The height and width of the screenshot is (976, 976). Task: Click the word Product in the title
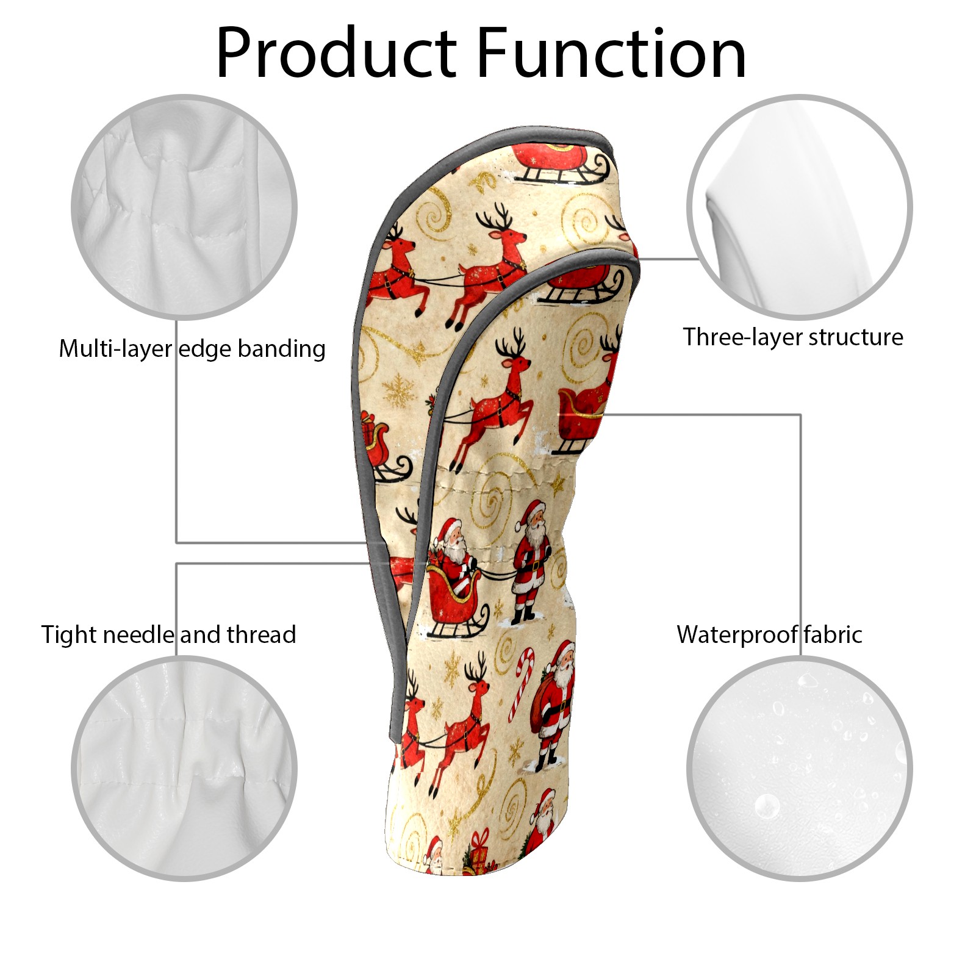[336, 53]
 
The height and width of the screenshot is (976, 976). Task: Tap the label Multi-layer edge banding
[192, 349]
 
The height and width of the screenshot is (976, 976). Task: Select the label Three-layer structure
[793, 337]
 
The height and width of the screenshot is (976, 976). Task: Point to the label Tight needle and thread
[168, 635]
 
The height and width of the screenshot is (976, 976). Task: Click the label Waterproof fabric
[769, 634]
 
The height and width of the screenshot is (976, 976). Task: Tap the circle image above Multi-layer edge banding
[184, 207]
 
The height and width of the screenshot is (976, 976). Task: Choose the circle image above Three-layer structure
[799, 207]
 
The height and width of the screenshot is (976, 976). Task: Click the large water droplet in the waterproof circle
[767, 806]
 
